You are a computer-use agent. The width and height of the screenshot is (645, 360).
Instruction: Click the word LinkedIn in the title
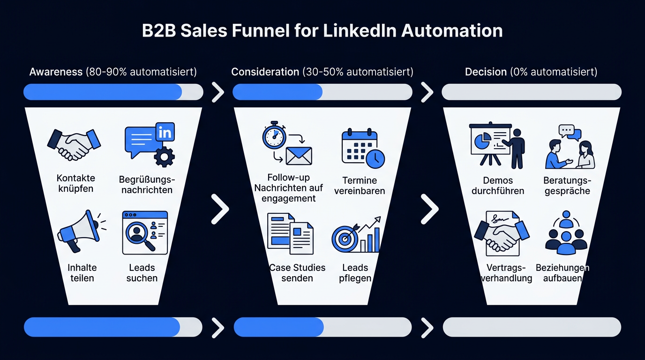pyautogui.click(x=360, y=30)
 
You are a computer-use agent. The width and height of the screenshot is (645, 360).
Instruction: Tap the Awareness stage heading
pyautogui.click(x=56, y=72)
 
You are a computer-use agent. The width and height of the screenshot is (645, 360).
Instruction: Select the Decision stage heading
pyautogui.click(x=486, y=72)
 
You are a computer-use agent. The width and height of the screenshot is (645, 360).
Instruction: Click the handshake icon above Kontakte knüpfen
pyautogui.click(x=74, y=144)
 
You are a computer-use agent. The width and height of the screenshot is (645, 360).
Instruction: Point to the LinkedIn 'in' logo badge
pyautogui.click(x=165, y=132)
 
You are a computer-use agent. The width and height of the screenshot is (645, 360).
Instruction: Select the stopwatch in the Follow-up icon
pyautogui.click(x=274, y=135)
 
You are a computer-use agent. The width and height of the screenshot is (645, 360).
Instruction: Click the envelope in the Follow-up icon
pyautogui.click(x=299, y=156)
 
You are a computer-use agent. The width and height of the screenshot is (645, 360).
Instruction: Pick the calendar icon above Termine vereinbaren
pyautogui.click(x=363, y=148)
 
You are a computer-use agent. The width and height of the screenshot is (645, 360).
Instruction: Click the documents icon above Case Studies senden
pyautogui.click(x=290, y=233)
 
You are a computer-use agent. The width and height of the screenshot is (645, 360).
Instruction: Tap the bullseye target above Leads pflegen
pyautogui.click(x=345, y=239)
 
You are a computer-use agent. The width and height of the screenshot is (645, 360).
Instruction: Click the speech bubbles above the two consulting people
pyautogui.click(x=570, y=132)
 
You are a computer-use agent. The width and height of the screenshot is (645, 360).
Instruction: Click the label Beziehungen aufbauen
pyautogui.click(x=562, y=273)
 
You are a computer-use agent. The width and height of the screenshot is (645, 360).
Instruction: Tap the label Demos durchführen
pyautogui.click(x=498, y=186)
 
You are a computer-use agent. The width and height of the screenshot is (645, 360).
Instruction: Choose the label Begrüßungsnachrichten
pyautogui.click(x=147, y=185)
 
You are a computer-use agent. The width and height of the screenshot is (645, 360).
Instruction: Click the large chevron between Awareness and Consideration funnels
pyautogui.click(x=220, y=209)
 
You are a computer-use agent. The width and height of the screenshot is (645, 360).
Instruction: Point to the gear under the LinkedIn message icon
pyautogui.click(x=164, y=157)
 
